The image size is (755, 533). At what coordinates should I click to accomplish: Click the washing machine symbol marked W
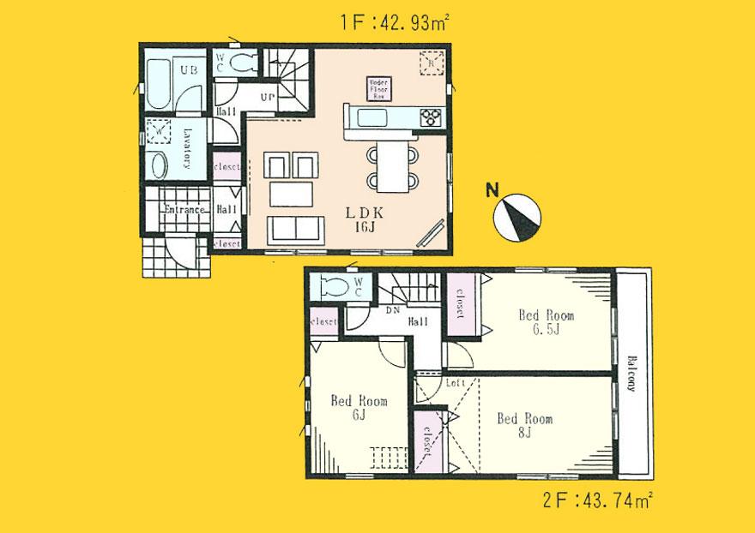coord(160,131)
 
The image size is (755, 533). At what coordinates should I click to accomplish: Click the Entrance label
coord(183,210)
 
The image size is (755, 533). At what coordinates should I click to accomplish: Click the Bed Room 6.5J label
coord(544,321)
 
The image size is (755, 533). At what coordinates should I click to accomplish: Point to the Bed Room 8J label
coord(523,426)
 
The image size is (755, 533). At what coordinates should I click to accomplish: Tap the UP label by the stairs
coord(267,98)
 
